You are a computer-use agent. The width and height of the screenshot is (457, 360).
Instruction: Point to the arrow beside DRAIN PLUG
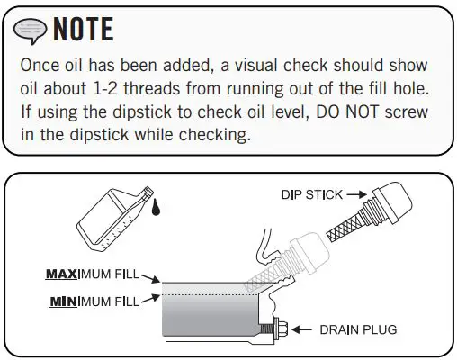coord(301,328)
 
